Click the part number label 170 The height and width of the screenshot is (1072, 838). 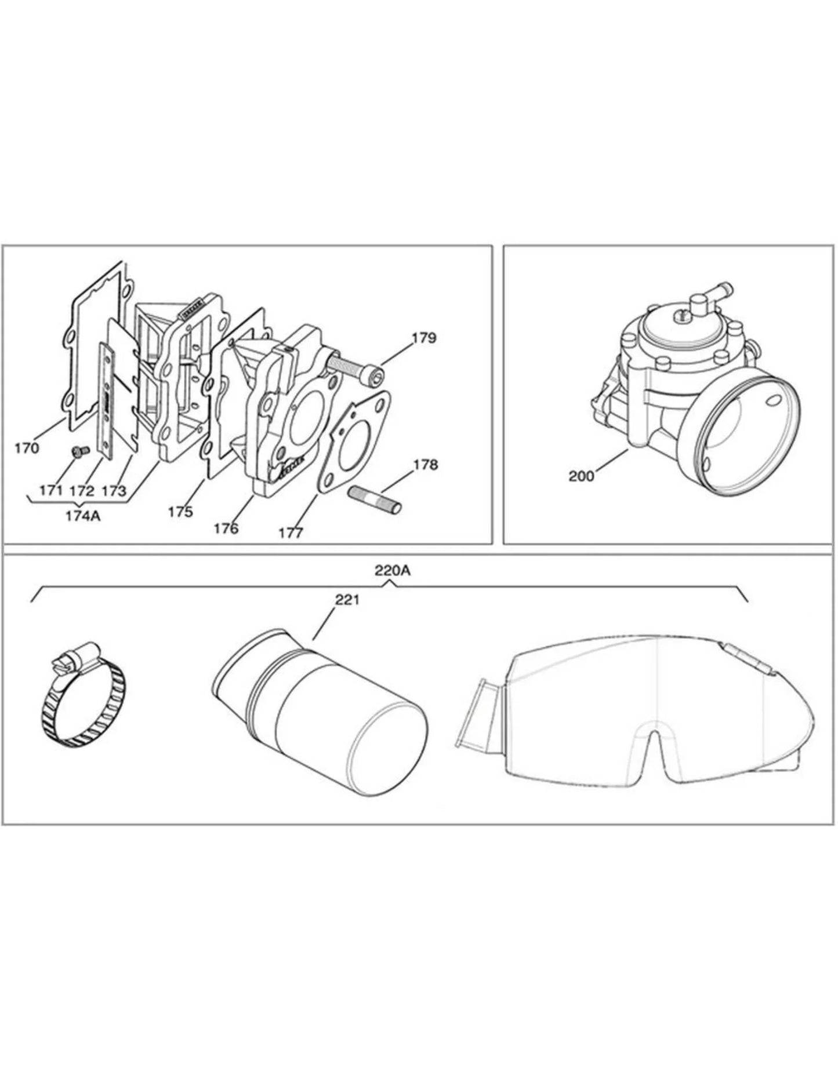pyautogui.click(x=27, y=448)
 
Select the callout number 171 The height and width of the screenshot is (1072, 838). pyautogui.click(x=51, y=490)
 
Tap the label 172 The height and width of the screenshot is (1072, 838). pyautogui.click(x=81, y=491)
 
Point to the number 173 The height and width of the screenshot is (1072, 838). pyautogui.click(x=114, y=491)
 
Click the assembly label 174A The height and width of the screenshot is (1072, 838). pyautogui.click(x=83, y=515)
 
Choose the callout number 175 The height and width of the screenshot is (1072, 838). pyautogui.click(x=180, y=512)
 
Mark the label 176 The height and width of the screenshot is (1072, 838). pyautogui.click(x=226, y=528)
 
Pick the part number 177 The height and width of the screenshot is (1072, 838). pyautogui.click(x=291, y=533)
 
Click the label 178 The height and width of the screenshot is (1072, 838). pyautogui.click(x=426, y=465)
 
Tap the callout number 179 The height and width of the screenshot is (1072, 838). pyautogui.click(x=425, y=338)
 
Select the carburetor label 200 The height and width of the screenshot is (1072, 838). pyautogui.click(x=582, y=476)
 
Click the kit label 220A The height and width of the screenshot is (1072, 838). pyautogui.click(x=393, y=571)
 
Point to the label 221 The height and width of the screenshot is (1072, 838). pyautogui.click(x=347, y=600)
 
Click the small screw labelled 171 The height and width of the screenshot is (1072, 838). pyautogui.click(x=78, y=450)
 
